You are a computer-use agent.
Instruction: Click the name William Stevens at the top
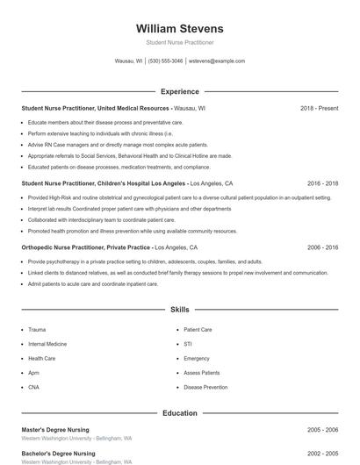[180, 28]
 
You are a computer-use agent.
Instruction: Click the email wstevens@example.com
[217, 61]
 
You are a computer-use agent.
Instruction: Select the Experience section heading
[180, 91]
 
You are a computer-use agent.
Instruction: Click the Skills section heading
[180, 310]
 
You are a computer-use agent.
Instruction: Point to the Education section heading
[180, 413]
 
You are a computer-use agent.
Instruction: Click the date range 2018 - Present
[319, 108]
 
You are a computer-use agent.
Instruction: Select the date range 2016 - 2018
[322, 184]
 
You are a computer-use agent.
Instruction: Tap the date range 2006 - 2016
[322, 248]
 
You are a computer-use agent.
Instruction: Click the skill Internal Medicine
[47, 344]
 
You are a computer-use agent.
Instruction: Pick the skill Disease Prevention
[205, 387]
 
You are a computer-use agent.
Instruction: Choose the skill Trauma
[37, 330]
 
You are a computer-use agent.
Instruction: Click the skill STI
[188, 344]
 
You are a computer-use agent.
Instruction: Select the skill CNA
[33, 387]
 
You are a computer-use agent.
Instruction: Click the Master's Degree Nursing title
[57, 430]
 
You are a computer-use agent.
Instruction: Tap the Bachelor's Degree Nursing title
[59, 454]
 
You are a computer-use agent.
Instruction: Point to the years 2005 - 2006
[322, 430]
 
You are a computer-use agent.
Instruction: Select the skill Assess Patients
[202, 373]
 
